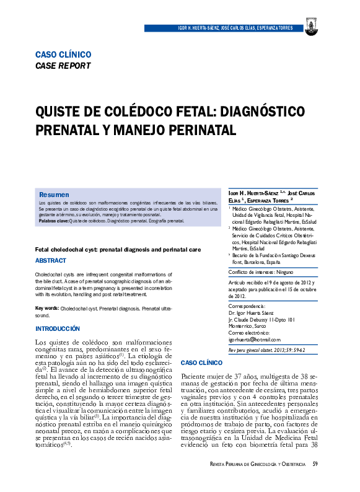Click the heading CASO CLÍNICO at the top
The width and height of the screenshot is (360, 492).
tap(63, 55)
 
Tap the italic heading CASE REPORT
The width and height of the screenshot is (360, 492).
tap(63, 65)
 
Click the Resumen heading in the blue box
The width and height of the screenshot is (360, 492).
tap(54, 195)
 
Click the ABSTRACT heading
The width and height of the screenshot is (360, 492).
tap(51, 261)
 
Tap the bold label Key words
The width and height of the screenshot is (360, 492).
tap(47, 308)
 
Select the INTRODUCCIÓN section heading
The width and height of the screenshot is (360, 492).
tap(58, 328)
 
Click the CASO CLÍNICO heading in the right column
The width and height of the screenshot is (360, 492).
tap(201, 362)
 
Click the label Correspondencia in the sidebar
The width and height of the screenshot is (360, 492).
tap(247, 306)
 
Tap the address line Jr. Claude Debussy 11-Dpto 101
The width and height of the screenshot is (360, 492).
tap(261, 320)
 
